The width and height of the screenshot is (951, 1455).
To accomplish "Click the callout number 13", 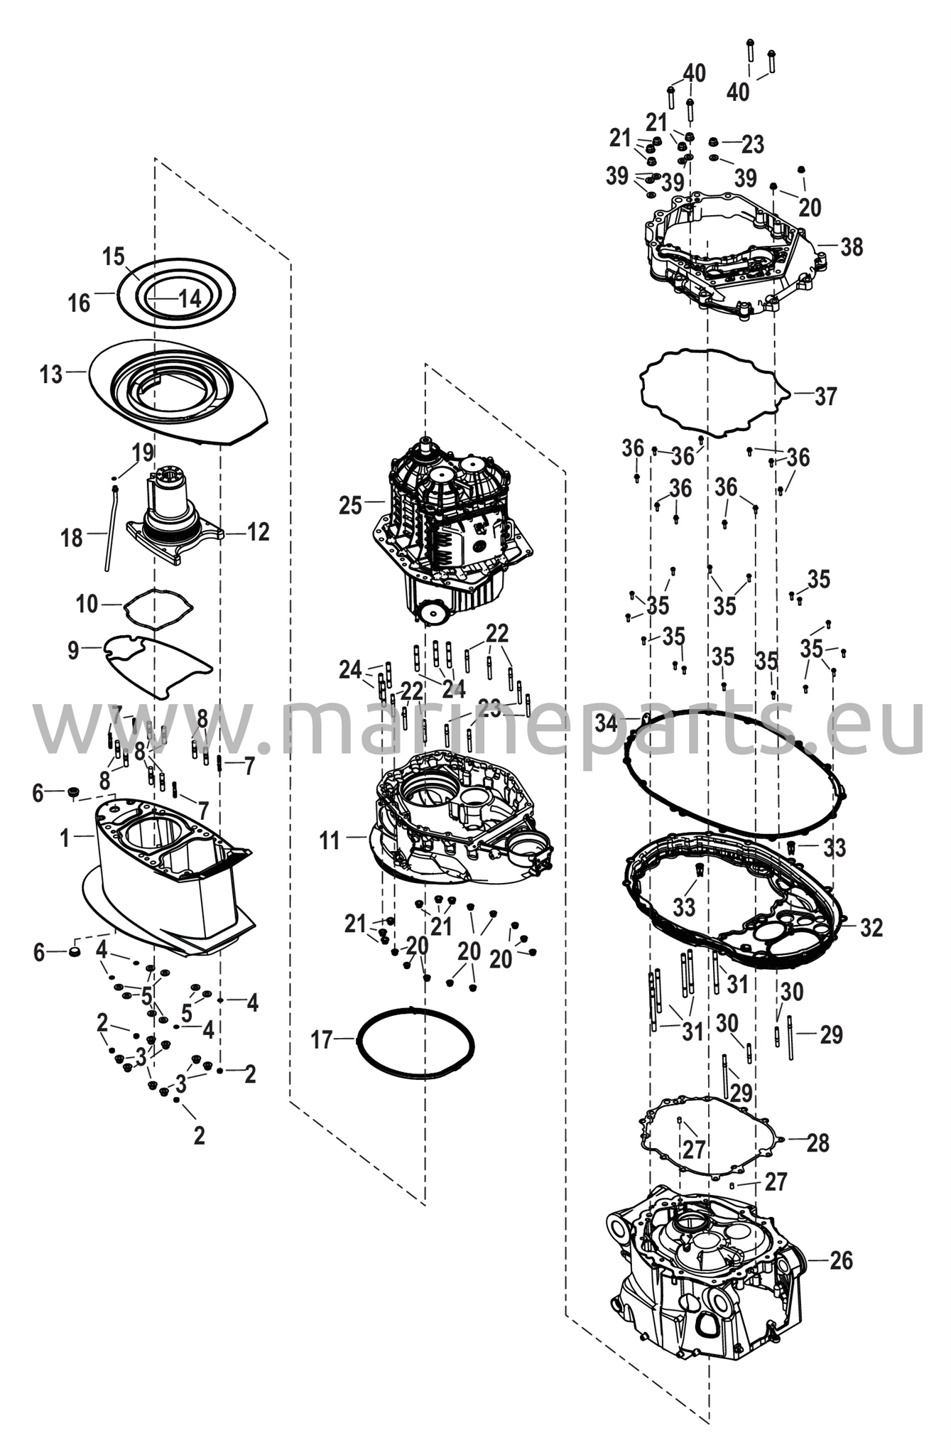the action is (x=51, y=374).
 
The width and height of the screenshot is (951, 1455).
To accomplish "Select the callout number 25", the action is (x=350, y=506).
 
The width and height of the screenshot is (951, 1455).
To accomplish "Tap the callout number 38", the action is (x=852, y=247).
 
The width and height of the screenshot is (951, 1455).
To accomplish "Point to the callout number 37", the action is (x=826, y=396).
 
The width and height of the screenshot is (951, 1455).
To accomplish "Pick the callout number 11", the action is (x=330, y=840).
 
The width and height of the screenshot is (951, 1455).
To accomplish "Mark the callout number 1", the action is (x=65, y=838).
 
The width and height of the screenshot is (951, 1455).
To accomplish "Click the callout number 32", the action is (x=871, y=927).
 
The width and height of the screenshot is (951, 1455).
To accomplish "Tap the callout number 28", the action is (x=818, y=1142).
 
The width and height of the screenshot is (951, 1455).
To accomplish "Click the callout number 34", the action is (x=607, y=724).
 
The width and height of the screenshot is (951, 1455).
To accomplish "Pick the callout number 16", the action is (x=80, y=303).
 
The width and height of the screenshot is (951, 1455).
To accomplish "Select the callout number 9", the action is (x=73, y=650).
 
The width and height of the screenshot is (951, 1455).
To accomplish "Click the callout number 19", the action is (x=142, y=451).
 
